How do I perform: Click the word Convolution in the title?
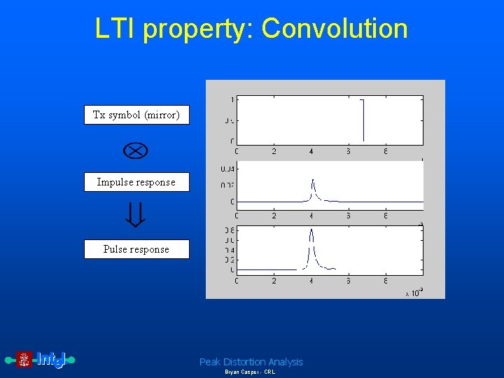[335, 29]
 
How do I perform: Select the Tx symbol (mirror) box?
[136, 115]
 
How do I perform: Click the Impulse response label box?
[136, 182]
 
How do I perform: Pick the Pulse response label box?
[136, 249]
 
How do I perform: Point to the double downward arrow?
[136, 216]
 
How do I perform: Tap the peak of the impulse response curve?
[312, 181]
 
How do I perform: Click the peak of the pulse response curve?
[311, 230]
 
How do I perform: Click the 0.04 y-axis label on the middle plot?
[227, 168]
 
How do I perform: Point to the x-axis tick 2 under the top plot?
[274, 151]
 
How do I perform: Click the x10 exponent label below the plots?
[414, 293]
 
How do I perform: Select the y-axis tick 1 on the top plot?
[232, 99]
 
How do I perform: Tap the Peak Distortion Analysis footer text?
[251, 362]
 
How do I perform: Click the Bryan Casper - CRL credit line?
[250, 372]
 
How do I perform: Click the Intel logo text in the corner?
[51, 360]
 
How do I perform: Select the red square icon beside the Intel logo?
[24, 360]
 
